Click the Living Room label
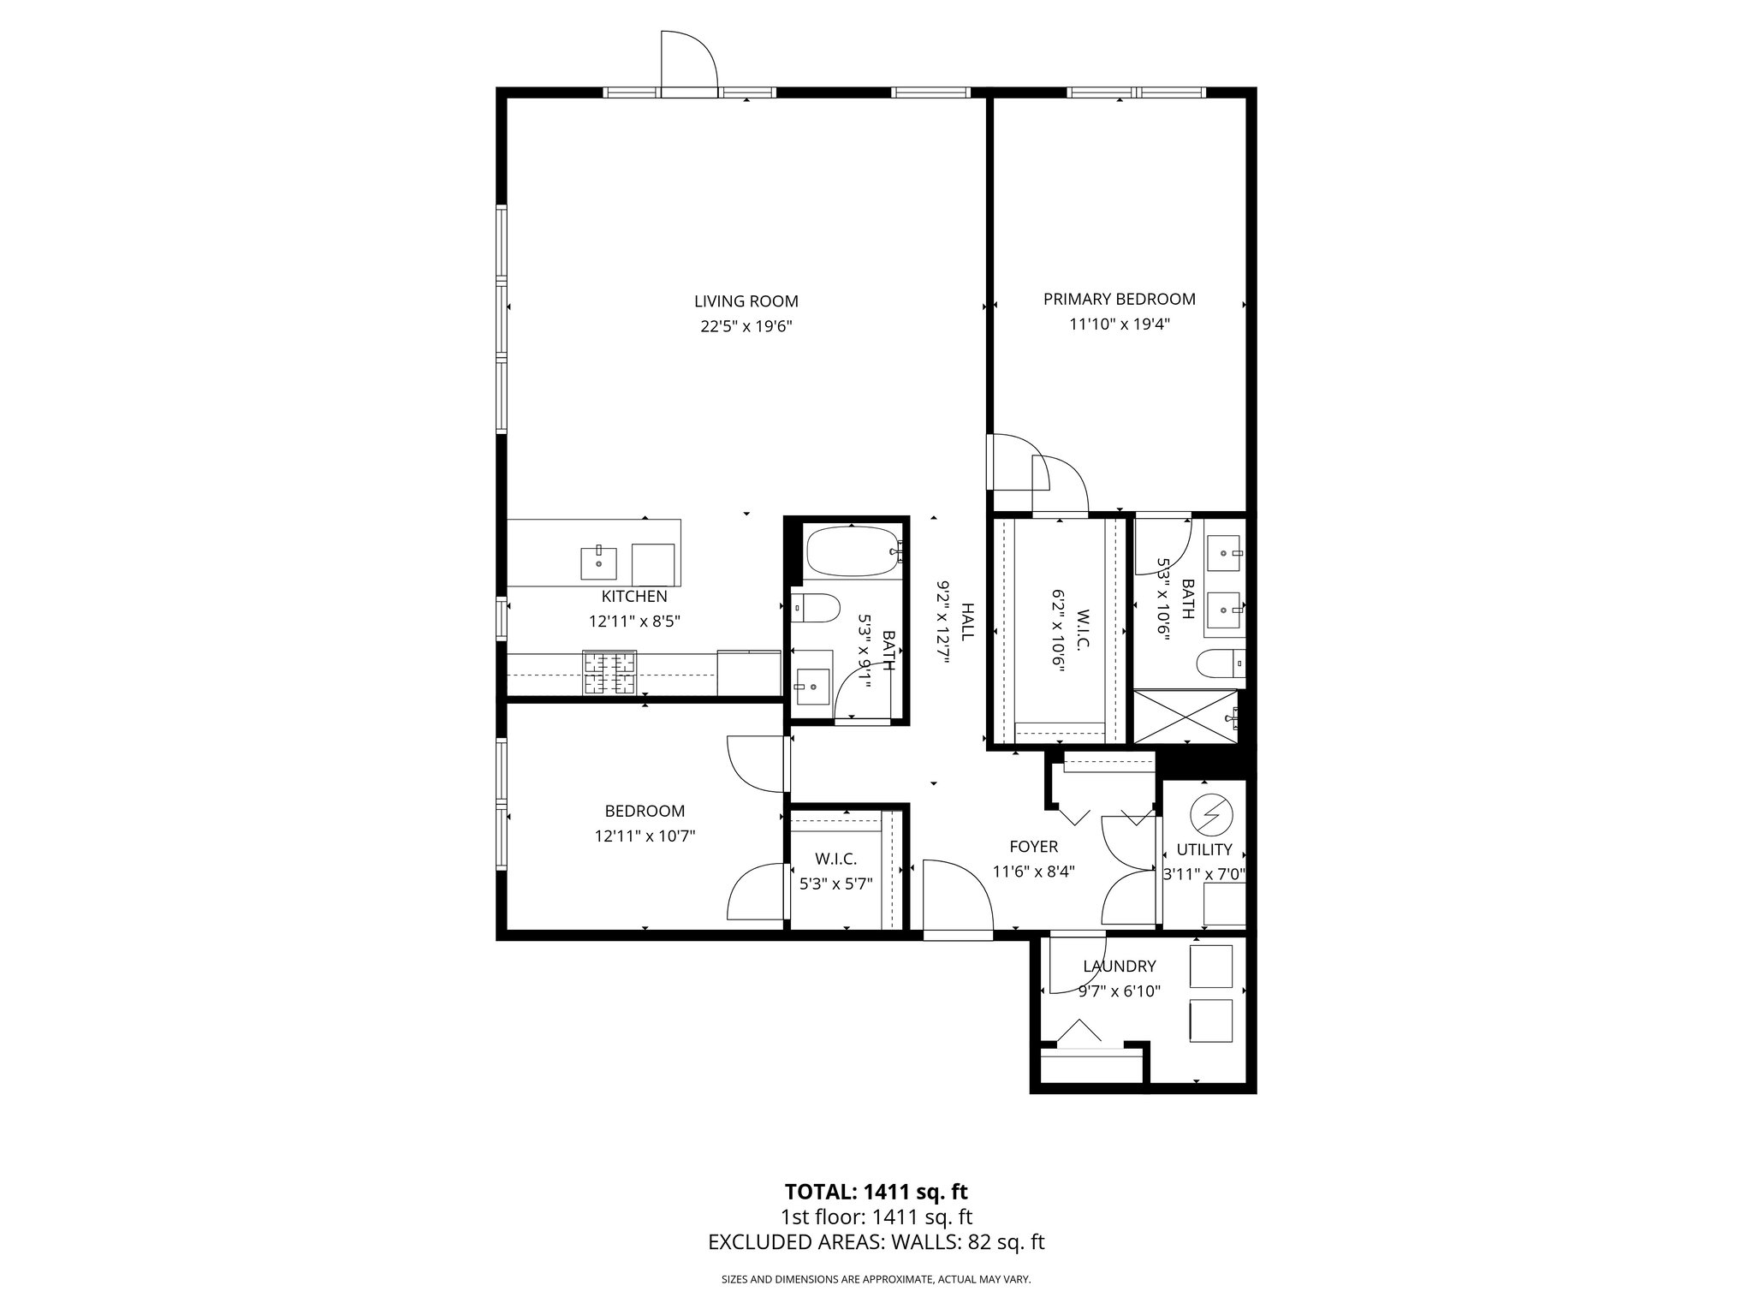(x=746, y=301)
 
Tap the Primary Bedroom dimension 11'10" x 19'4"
(x=1119, y=324)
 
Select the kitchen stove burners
(x=609, y=673)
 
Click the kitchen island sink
(x=598, y=562)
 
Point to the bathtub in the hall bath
(x=851, y=552)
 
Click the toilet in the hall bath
(x=812, y=609)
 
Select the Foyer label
(x=1033, y=847)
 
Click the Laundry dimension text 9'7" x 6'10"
(x=1119, y=991)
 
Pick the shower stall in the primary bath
(x=1186, y=716)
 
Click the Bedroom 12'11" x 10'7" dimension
(x=645, y=836)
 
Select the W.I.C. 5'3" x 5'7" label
(x=835, y=859)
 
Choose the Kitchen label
(x=634, y=597)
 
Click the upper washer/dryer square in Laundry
(x=1210, y=966)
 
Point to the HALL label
(x=967, y=622)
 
